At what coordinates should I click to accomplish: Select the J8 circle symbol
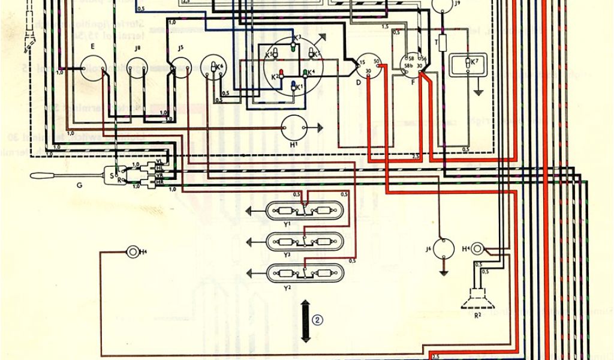(x=139, y=71)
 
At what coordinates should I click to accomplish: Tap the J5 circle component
(x=180, y=71)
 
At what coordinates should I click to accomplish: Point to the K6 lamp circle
(x=214, y=67)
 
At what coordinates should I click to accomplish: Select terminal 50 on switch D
(x=375, y=62)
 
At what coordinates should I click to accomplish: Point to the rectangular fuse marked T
(x=444, y=43)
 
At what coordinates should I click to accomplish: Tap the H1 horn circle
(x=294, y=127)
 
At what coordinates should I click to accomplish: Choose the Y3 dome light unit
(x=306, y=242)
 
